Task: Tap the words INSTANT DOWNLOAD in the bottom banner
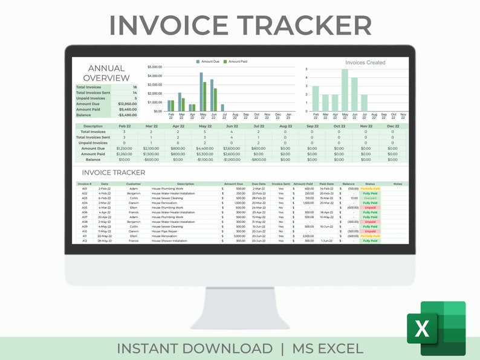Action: pyautogui.click(x=194, y=349)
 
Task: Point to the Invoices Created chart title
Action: pyautogui.click(x=365, y=62)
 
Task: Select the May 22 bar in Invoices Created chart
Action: pyautogui.click(x=345, y=90)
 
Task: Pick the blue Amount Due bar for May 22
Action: pyautogui.click(x=201, y=92)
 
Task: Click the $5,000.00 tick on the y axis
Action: pyautogui.click(x=155, y=67)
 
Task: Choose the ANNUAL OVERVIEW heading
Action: pyautogui.click(x=106, y=73)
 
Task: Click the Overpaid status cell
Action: pyautogui.click(x=370, y=198)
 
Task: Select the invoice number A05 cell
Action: pyautogui.click(x=85, y=208)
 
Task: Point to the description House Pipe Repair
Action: pyautogui.click(x=164, y=231)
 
